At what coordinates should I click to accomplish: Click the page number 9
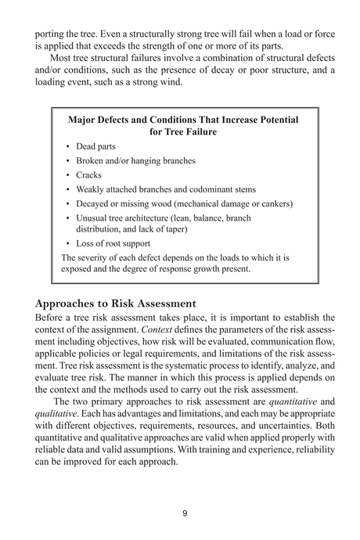pyautogui.click(x=184, y=513)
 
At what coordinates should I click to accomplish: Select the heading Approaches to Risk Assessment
pyautogui.click(x=116, y=303)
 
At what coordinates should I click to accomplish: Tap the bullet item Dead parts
pyautogui.click(x=96, y=146)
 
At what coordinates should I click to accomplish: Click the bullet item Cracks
pyautogui.click(x=88, y=175)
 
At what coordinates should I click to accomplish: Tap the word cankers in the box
pyautogui.click(x=273, y=203)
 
